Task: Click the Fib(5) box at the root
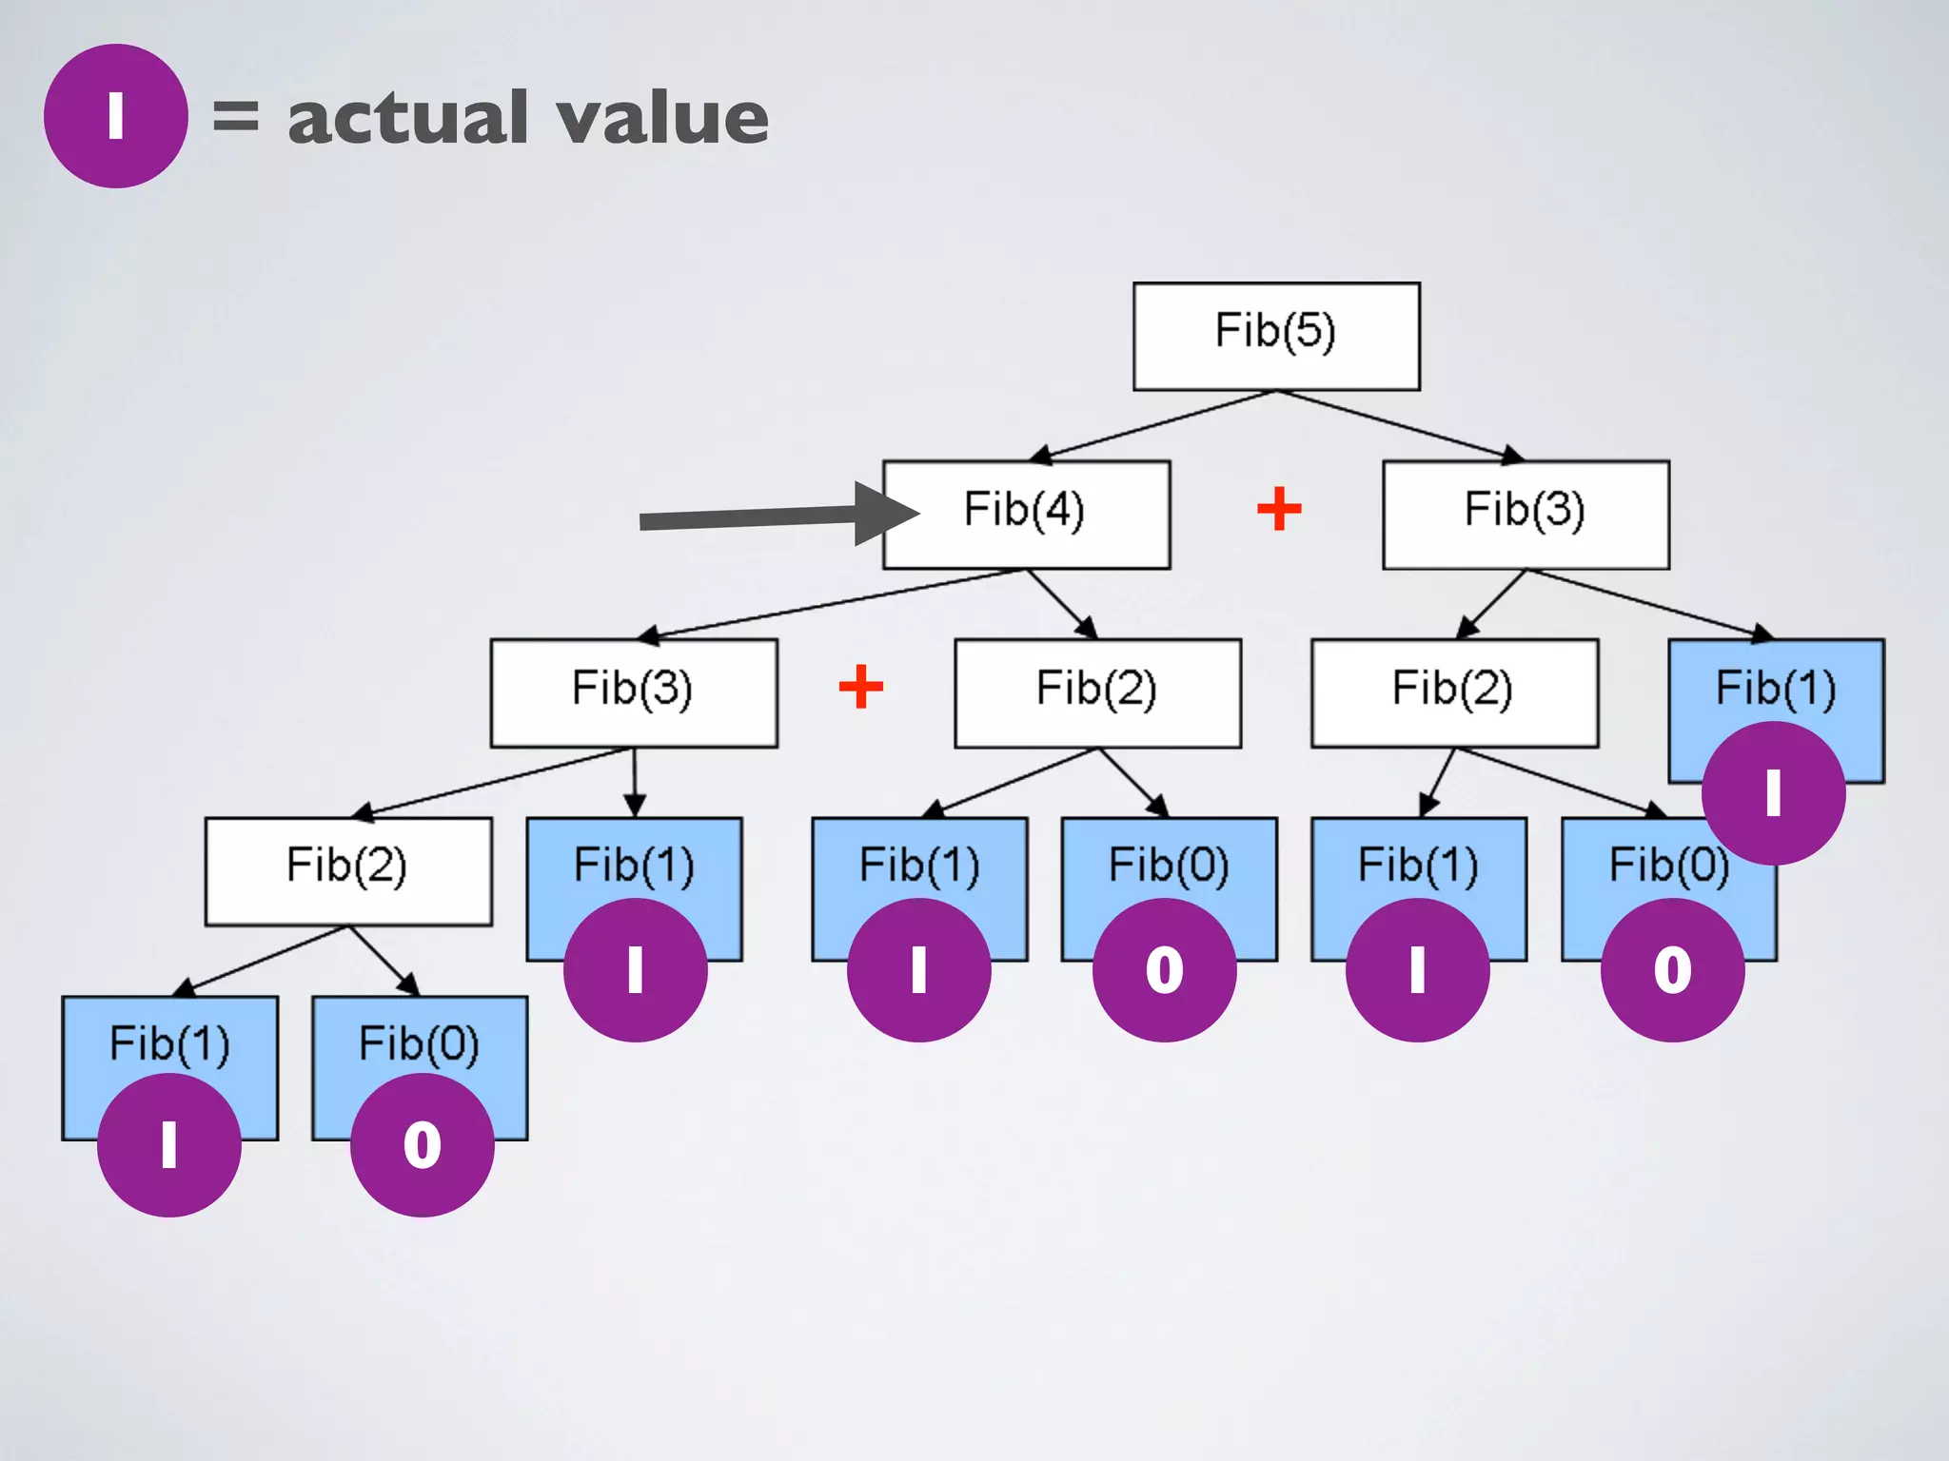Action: point(1275,336)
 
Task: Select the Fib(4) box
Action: point(1026,514)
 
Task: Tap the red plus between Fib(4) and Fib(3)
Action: point(1279,509)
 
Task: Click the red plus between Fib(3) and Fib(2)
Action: point(860,687)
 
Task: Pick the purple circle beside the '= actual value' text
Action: point(115,116)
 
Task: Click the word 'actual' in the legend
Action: point(407,118)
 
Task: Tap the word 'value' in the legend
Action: point(662,118)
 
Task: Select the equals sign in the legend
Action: point(235,116)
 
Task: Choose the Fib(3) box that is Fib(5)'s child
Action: point(1525,514)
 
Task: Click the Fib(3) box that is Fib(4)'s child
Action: point(633,692)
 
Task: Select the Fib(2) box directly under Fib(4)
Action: point(1096,692)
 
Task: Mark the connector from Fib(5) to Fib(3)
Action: point(1399,425)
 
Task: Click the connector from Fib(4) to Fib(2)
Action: point(1061,603)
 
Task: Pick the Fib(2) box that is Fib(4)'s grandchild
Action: point(347,869)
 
